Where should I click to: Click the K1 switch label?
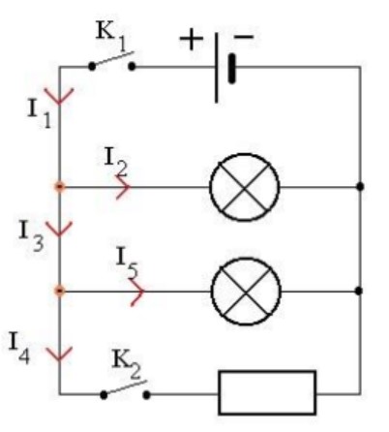tap(110, 36)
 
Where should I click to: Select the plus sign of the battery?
tap(192, 39)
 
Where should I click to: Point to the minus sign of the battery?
tap(244, 37)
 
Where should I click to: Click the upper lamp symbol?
tap(245, 187)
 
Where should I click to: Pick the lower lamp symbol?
tap(246, 292)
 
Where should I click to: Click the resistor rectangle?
tap(267, 392)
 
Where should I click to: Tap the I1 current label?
tap(40, 113)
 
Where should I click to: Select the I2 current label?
tap(115, 161)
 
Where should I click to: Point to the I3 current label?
tap(31, 235)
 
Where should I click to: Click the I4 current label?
tap(19, 348)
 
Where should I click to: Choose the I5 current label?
tap(127, 262)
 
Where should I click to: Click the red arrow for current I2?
tap(124, 187)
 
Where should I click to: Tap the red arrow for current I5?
tap(137, 292)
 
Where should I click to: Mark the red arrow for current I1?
tap(59, 97)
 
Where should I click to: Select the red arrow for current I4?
tap(59, 354)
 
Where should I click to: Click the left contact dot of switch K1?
tap(92, 67)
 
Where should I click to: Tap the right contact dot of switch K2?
tap(146, 394)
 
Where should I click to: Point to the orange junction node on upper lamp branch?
tap(59, 187)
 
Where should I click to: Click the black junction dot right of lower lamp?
tap(359, 291)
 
